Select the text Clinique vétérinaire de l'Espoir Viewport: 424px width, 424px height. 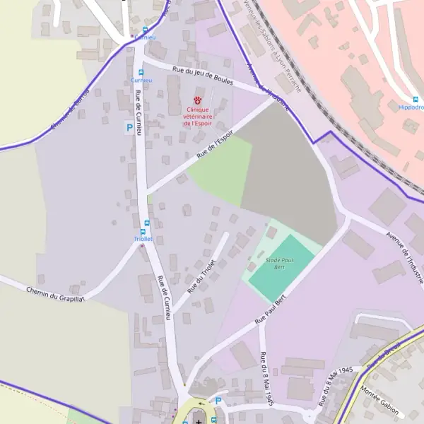(x=199, y=117)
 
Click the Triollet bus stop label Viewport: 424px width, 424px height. (x=143, y=239)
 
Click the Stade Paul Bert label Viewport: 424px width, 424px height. (x=279, y=264)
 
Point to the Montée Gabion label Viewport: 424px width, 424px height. (x=379, y=401)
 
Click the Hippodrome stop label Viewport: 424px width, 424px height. (x=412, y=107)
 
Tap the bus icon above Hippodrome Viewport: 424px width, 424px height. (x=416, y=99)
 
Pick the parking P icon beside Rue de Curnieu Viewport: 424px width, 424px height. (x=129, y=128)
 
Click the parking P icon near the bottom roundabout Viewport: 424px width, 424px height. (x=218, y=401)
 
